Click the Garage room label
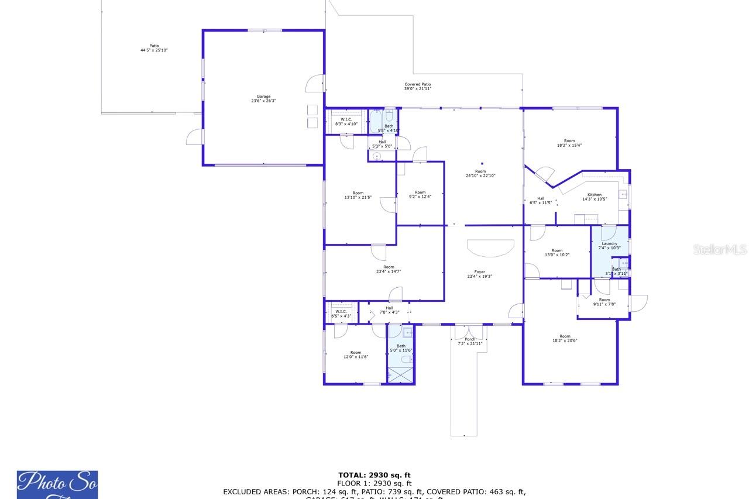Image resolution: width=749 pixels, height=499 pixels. pos(263,98)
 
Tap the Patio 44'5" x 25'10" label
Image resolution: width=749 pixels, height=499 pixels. pos(154,48)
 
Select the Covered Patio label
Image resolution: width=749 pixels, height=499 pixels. pos(418,86)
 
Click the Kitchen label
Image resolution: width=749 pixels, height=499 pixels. pos(594,197)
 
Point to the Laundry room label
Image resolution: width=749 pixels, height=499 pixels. pos(609,246)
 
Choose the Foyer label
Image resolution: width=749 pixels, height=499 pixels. pos(479,274)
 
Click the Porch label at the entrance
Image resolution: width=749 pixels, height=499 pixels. pos(470,341)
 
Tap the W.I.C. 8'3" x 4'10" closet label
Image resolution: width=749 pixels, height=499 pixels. pos(346,122)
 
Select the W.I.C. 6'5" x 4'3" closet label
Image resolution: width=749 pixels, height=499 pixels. pos(341,314)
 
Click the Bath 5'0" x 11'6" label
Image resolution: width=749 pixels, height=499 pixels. pos(401,348)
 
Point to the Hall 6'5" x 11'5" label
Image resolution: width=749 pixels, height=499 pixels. pos(541,200)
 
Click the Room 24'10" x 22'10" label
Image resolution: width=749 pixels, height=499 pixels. pos(480,173)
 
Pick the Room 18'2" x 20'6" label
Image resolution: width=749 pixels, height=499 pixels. pos(564,338)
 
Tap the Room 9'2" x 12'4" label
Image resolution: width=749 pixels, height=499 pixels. pos(420,194)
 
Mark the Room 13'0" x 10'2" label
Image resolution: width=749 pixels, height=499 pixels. pos(556,253)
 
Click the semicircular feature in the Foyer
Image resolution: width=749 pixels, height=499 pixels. pos(491,248)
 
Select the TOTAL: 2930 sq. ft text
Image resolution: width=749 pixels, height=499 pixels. pos(374,475)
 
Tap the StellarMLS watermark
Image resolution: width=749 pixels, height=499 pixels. pos(720,250)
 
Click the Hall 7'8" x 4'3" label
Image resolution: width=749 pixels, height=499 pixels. pos(389,310)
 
